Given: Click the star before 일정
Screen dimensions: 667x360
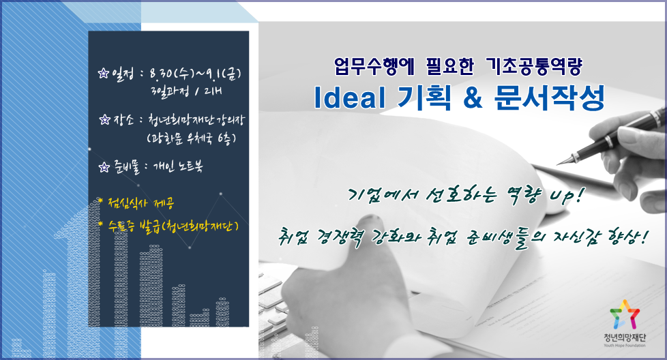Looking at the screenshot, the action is click(x=104, y=74).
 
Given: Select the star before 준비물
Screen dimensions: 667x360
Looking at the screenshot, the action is click(x=104, y=167).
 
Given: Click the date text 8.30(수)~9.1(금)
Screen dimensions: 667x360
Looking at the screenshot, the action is click(x=195, y=74).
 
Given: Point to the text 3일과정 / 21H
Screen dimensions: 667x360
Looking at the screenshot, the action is click(x=186, y=91).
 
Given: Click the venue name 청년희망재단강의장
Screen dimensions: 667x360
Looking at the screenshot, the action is click(x=196, y=120).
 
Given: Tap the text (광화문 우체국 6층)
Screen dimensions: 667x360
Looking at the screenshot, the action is click(x=191, y=138).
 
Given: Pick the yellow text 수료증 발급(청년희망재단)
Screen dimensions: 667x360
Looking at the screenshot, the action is click(x=168, y=226).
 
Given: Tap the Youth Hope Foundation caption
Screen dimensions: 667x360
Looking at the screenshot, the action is click(x=625, y=346).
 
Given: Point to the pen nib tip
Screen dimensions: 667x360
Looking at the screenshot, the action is click(x=558, y=164).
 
